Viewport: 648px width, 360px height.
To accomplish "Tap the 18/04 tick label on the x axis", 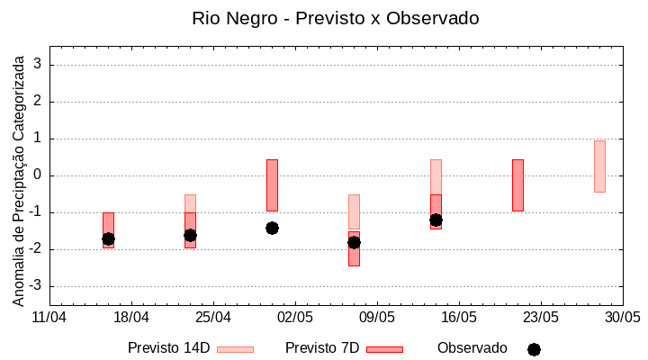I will coord(131,318).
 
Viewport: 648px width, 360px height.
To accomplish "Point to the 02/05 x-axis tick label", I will coord(295,318).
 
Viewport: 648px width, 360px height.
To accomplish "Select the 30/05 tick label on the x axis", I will coord(622,318).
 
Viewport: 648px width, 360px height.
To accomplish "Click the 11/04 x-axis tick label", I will coord(49,318).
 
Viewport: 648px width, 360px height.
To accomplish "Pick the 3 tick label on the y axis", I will coord(39,65).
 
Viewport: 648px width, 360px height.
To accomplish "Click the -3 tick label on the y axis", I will coord(36,286).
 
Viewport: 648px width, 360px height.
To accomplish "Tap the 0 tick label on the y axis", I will coord(39,175).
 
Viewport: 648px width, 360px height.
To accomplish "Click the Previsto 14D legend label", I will coord(168,348).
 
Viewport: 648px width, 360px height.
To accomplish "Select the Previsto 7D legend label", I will coord(322,348).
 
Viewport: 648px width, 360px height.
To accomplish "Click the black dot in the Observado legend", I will coord(534,349).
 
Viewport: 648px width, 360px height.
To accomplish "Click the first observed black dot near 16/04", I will coord(108,238).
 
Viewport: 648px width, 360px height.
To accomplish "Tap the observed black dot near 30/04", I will coord(272,228).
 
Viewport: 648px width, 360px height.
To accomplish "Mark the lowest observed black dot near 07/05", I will coord(354,242).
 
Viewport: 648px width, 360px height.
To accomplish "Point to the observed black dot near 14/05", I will coord(436,220).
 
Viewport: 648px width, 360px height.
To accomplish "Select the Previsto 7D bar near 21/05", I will coord(517,185).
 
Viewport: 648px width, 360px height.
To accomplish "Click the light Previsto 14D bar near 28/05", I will coord(599,166).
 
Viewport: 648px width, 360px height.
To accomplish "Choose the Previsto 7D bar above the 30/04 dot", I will coord(272,184).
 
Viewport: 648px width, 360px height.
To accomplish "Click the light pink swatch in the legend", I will coord(236,349).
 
